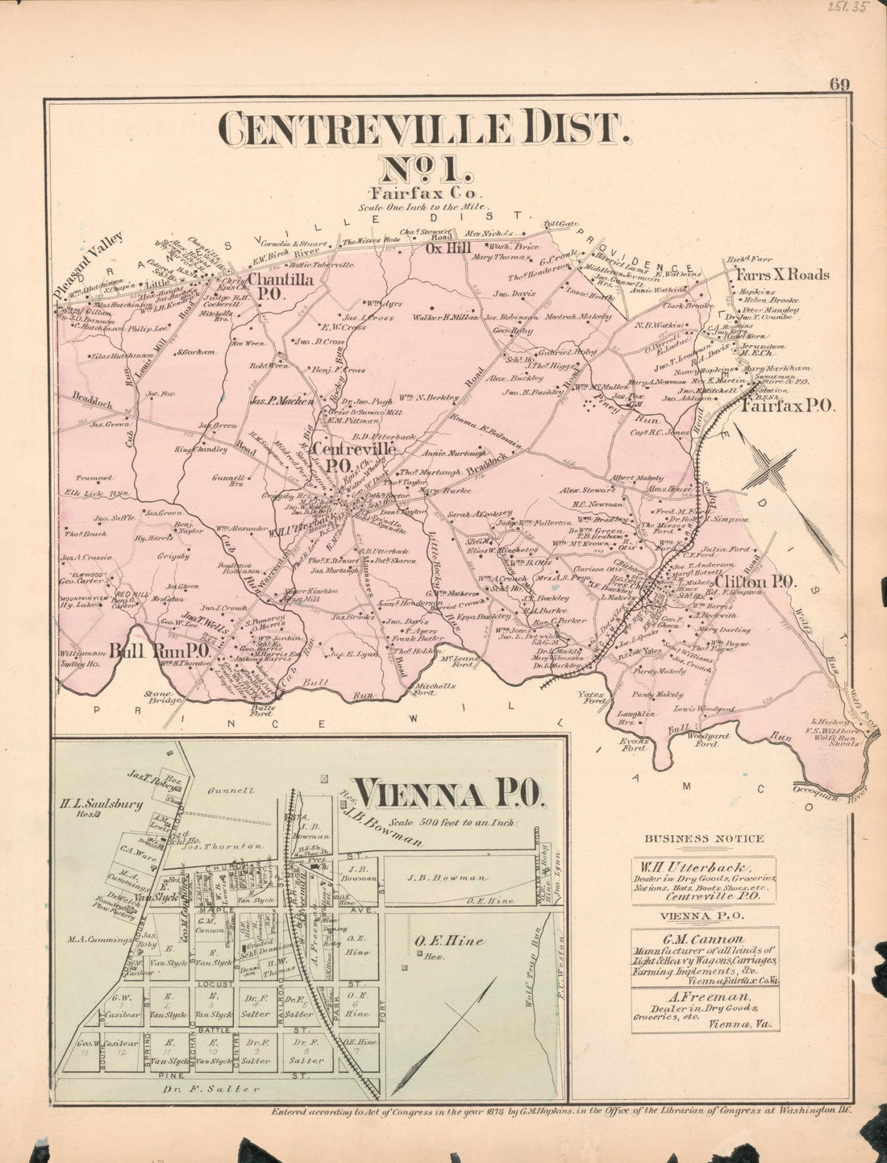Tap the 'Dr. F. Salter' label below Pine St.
215,1090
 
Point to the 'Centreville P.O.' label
355,455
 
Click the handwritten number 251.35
856,10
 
